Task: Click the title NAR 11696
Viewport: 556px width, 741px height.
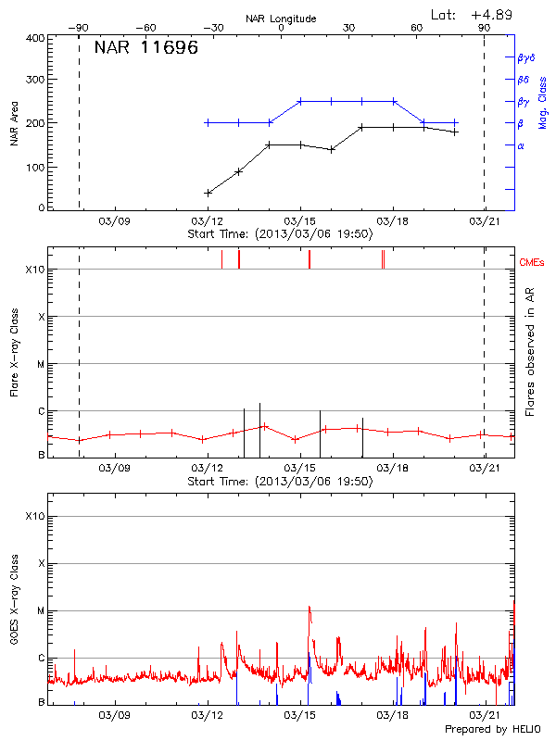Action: (145, 48)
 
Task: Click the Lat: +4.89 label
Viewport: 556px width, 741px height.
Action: (473, 14)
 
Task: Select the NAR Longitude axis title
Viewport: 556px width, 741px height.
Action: (281, 19)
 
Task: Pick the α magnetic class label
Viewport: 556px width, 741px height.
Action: (520, 145)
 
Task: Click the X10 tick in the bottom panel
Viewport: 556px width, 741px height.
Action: (34, 516)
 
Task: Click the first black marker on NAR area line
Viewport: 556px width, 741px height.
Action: (208, 193)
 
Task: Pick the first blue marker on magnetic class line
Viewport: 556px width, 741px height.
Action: (208, 122)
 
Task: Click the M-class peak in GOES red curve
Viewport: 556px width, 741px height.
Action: (309, 608)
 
